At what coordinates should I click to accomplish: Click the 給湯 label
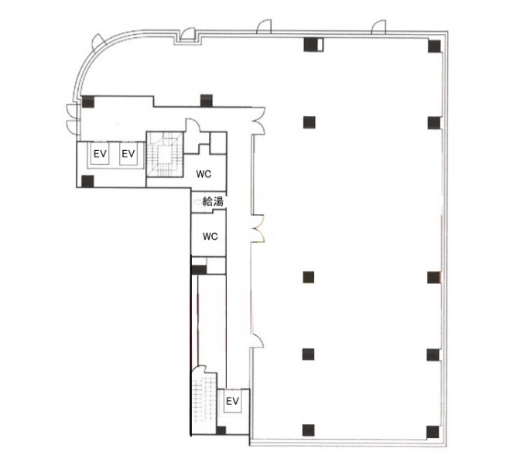tap(213, 202)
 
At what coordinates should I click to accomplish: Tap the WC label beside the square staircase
tap(204, 174)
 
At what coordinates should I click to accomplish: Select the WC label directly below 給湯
tap(210, 237)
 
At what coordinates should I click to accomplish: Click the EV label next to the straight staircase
tap(233, 401)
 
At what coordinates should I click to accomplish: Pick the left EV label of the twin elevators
tap(100, 154)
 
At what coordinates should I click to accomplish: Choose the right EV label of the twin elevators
tap(128, 154)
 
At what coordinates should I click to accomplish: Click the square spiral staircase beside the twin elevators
tap(165, 154)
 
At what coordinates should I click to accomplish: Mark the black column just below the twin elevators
tap(87, 181)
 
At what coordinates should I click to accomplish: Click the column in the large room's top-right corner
tap(434, 46)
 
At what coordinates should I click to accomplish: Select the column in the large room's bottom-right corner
tap(433, 432)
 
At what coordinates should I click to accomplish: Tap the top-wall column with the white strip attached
tap(313, 45)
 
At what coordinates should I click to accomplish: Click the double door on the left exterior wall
tap(73, 119)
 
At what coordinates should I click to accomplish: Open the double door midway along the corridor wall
tap(258, 228)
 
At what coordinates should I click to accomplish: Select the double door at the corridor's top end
tap(259, 121)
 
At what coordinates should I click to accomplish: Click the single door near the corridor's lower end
tap(258, 341)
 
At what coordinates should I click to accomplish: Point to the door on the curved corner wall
tap(100, 42)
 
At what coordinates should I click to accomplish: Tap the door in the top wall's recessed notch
tap(187, 34)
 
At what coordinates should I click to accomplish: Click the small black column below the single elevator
tap(221, 431)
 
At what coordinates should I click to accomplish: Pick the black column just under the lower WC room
tap(199, 270)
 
